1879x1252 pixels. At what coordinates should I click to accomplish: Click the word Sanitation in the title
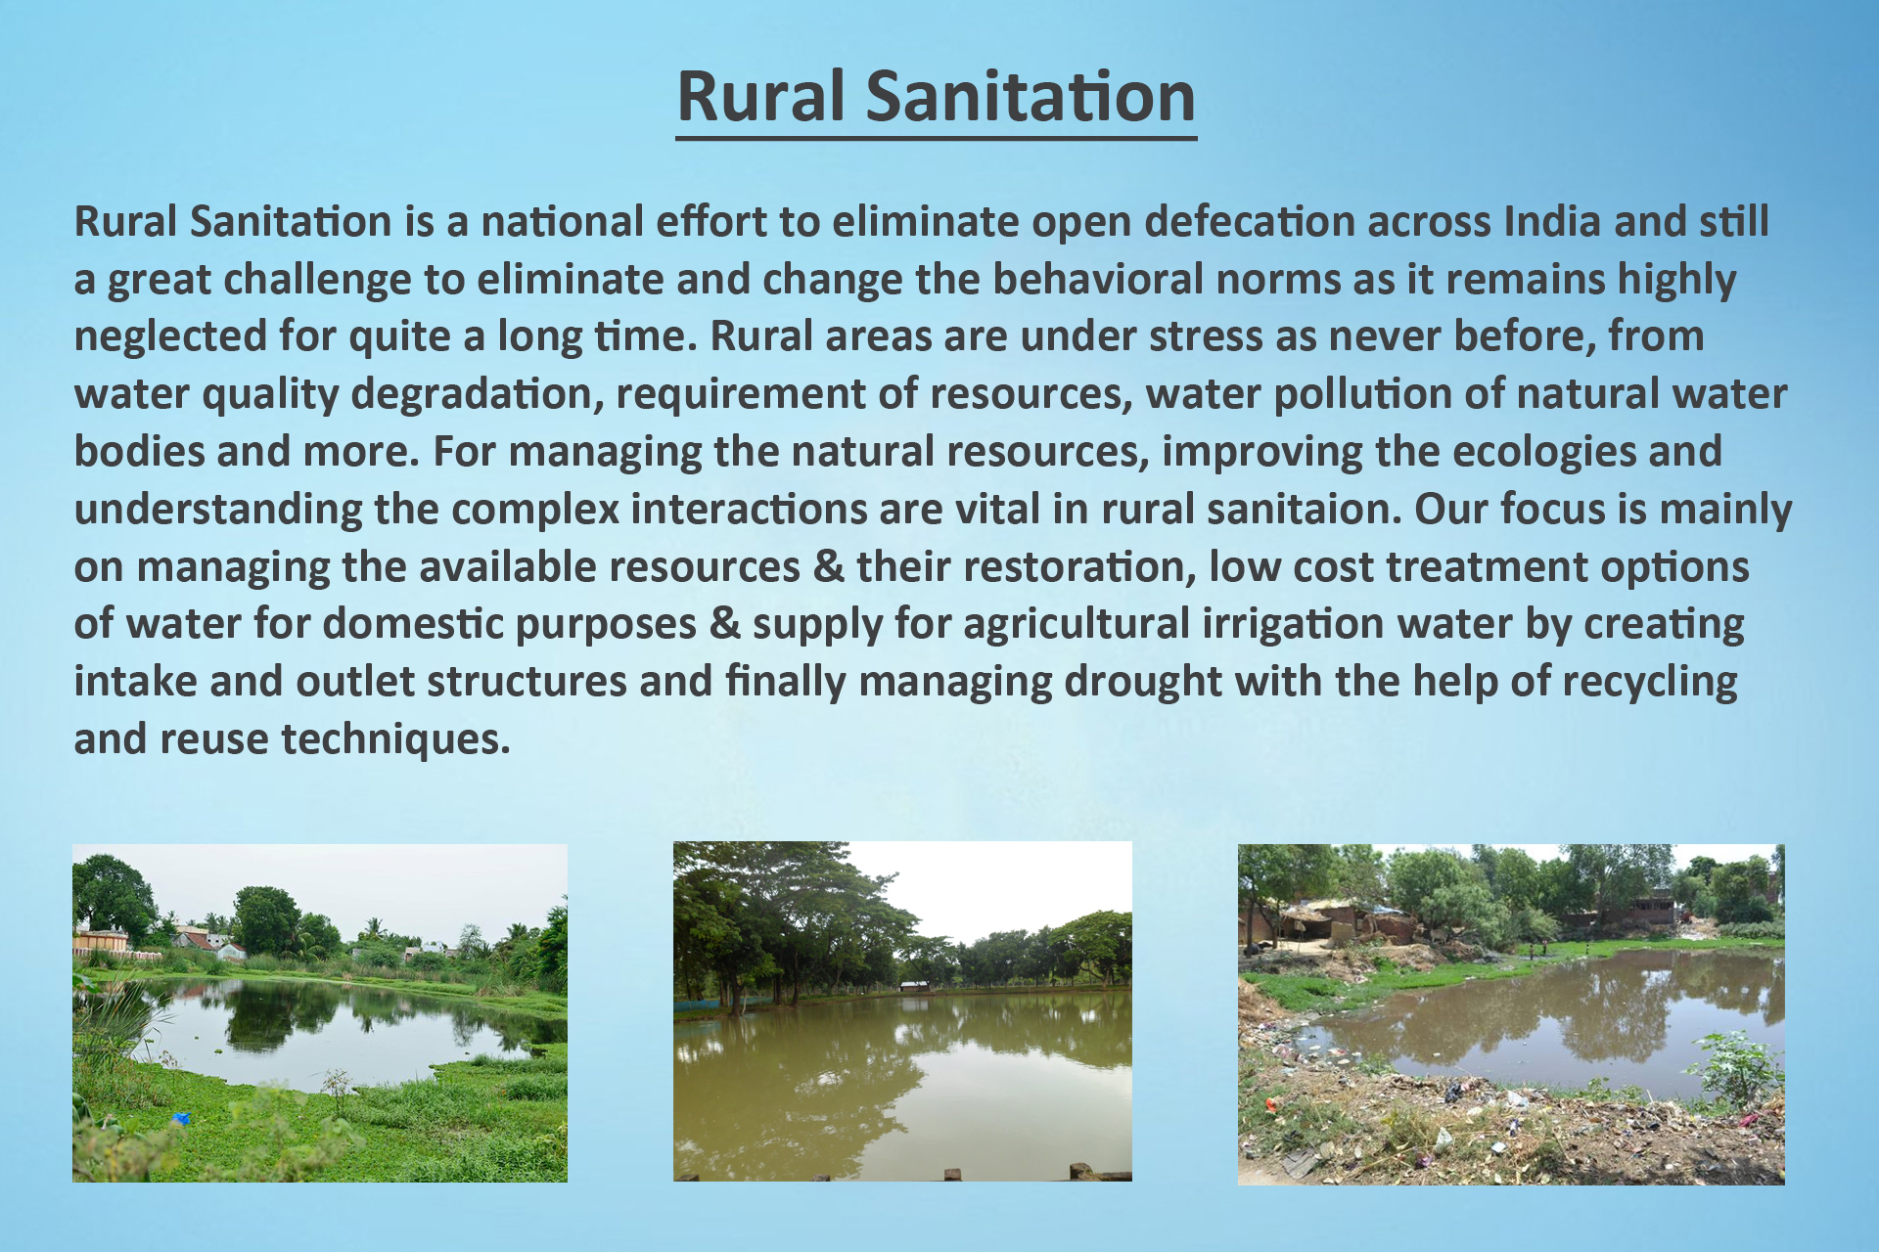point(1031,97)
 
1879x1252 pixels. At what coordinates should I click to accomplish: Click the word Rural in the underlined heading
point(760,97)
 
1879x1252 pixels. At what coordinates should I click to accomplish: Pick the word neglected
point(170,337)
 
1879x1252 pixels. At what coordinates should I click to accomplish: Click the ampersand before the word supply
point(725,624)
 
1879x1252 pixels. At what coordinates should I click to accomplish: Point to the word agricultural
point(1077,625)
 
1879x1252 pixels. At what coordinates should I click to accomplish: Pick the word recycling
point(1650,683)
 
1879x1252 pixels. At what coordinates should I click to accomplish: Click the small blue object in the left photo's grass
point(179,1118)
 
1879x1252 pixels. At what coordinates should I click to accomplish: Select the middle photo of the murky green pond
point(902,1011)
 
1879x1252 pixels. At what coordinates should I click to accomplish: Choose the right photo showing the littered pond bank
point(1511,1014)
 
